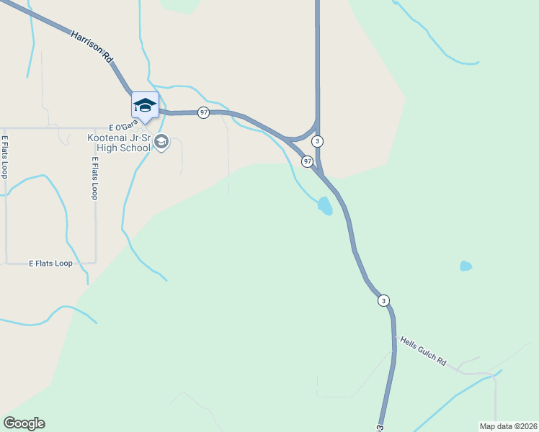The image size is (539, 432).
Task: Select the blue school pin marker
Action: [145, 105]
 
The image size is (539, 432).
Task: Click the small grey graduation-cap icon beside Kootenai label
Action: [161, 142]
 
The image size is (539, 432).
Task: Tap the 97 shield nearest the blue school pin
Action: [204, 113]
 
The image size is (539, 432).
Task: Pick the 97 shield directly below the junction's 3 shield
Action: [307, 161]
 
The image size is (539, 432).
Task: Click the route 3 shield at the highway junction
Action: [317, 141]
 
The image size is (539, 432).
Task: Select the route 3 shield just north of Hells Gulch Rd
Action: [383, 300]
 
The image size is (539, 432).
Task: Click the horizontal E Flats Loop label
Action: [50, 264]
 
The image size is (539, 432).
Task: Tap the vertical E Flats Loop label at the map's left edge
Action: [4, 157]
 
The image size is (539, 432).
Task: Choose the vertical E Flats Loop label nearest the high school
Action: [94, 178]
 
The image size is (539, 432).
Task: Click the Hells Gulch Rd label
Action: [424, 352]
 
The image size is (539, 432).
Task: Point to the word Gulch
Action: [424, 352]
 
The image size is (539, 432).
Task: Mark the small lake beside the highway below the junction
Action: [325, 206]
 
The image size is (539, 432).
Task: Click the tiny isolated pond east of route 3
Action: [465, 266]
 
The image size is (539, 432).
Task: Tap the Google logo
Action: [24, 423]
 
